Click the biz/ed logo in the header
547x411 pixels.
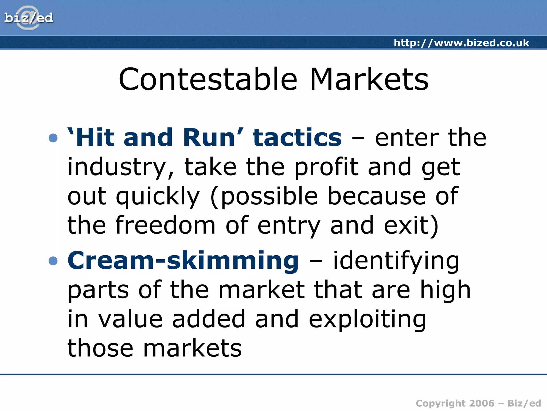[x=29, y=18]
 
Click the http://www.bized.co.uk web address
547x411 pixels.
[x=461, y=43]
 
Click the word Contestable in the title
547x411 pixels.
[x=208, y=79]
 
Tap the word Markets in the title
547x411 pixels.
[x=369, y=79]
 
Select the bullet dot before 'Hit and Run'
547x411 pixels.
[x=53, y=138]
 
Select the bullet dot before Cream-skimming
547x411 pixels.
[x=53, y=261]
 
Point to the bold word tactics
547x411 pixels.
[x=297, y=138]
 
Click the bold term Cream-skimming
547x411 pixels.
[x=183, y=261]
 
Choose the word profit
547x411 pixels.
[x=326, y=167]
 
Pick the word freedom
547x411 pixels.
[x=165, y=225]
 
